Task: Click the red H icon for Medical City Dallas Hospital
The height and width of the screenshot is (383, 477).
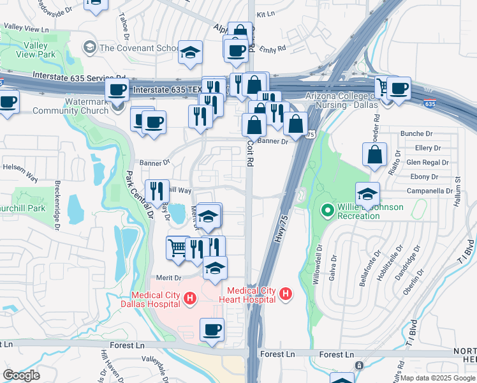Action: [x=189, y=298]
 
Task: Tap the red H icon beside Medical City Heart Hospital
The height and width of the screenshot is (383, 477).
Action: [x=286, y=294]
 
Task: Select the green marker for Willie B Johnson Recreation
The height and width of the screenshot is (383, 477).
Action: [x=328, y=209]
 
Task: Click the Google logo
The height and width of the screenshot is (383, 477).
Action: [x=21, y=375]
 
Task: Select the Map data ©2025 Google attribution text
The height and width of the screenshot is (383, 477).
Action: [x=437, y=378]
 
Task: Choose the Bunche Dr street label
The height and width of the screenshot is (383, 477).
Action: [x=416, y=133]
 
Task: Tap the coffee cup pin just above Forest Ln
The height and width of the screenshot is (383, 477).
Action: [x=212, y=330]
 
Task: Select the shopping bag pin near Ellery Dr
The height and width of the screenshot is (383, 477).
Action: [x=374, y=154]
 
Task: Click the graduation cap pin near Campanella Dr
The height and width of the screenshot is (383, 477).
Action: [x=368, y=193]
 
